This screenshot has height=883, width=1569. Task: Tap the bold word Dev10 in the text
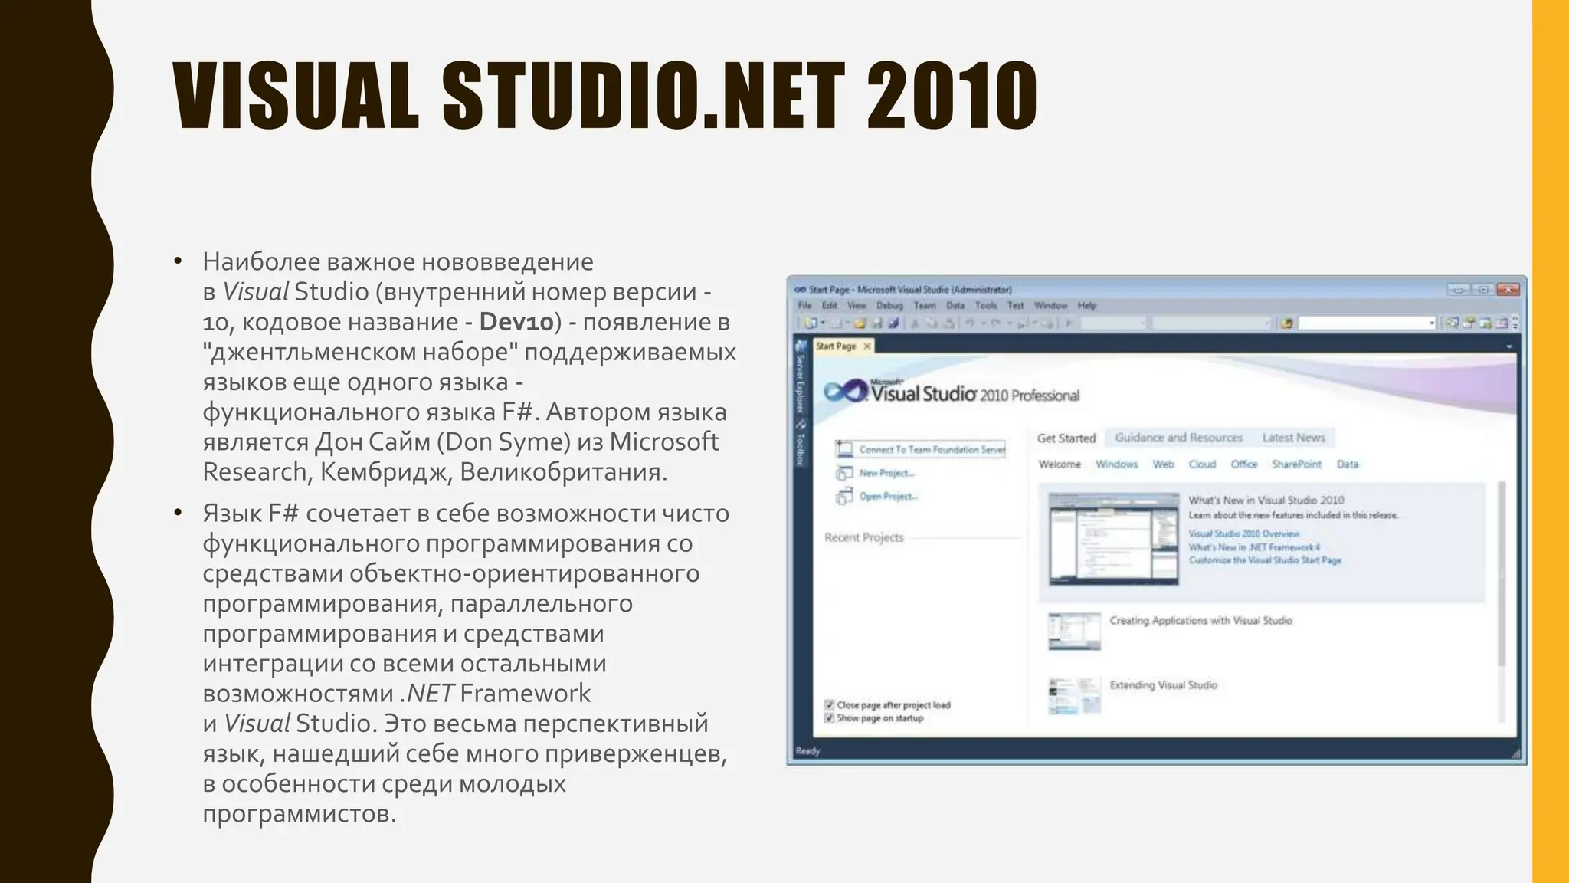[x=516, y=322]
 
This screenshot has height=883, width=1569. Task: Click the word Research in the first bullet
[x=254, y=472]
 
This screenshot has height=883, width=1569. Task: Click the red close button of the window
[x=1507, y=290]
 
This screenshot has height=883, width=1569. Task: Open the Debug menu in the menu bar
[x=889, y=306]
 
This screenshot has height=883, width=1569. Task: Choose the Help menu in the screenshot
[x=1087, y=306]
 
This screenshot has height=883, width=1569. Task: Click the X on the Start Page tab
[x=867, y=346]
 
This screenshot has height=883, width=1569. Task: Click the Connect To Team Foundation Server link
[x=932, y=450]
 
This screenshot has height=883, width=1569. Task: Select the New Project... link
[x=886, y=474]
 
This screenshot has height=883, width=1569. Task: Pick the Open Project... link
[x=888, y=497]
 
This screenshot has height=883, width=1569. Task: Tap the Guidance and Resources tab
[x=1178, y=438]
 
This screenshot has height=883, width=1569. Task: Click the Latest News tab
[x=1293, y=438]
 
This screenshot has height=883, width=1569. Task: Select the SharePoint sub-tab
[x=1296, y=464]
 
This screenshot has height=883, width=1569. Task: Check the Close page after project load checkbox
[x=829, y=705]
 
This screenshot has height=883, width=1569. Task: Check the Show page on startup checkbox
[x=829, y=718]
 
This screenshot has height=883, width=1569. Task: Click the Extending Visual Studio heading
[x=1163, y=685]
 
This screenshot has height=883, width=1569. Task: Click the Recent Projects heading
[x=863, y=538]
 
